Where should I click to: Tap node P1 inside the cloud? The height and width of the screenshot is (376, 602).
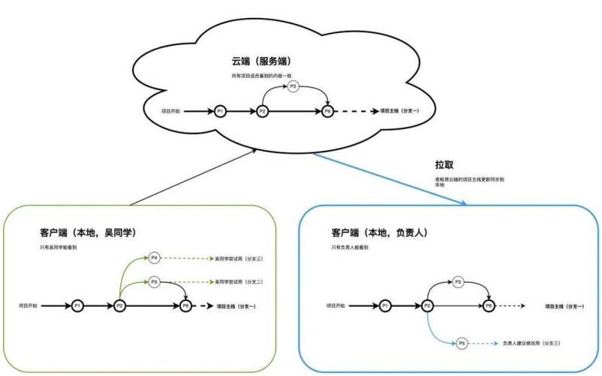(220, 111)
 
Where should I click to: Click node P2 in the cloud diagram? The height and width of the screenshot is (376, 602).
(262, 111)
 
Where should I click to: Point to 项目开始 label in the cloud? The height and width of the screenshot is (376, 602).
(172, 111)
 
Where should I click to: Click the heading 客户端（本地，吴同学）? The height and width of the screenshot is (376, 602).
(87, 232)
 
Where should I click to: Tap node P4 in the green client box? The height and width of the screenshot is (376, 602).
(154, 258)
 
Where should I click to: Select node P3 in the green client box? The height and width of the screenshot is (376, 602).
(154, 281)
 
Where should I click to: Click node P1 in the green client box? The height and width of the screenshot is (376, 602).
(77, 306)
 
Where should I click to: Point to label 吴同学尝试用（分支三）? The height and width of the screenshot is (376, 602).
(239, 259)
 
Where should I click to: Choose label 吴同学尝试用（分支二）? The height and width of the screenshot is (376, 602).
(239, 282)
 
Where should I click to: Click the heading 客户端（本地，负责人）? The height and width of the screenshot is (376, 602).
(379, 233)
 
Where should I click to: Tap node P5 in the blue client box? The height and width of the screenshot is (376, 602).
(462, 343)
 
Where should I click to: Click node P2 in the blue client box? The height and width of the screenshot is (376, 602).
(427, 306)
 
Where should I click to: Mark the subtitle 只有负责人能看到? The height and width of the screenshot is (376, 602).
(350, 247)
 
